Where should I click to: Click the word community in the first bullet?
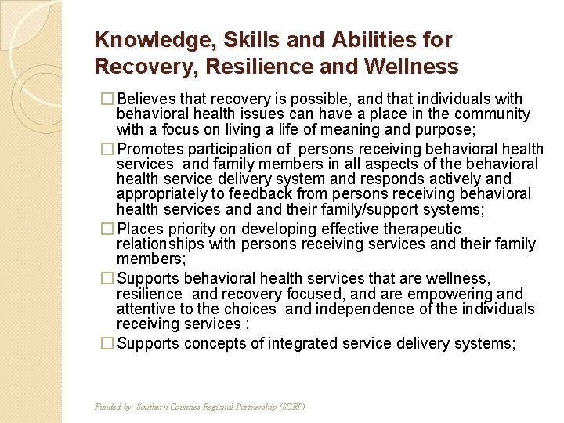(x=495, y=114)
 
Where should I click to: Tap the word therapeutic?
(x=421, y=230)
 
